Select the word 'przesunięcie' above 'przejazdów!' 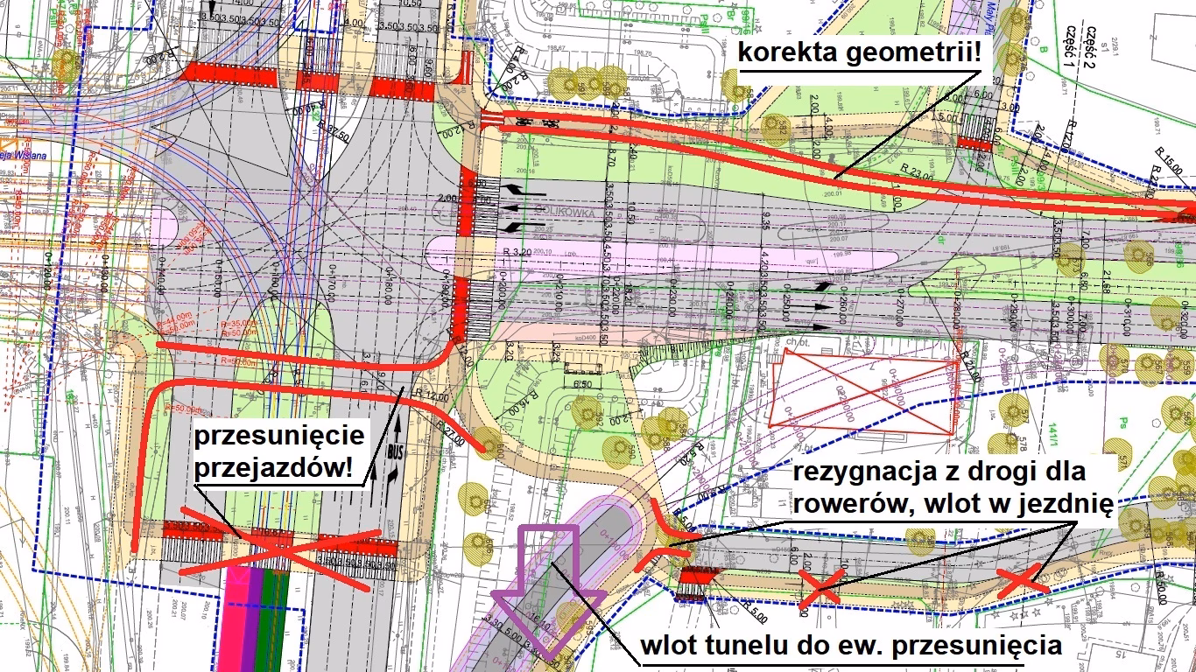click(x=278, y=437)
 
